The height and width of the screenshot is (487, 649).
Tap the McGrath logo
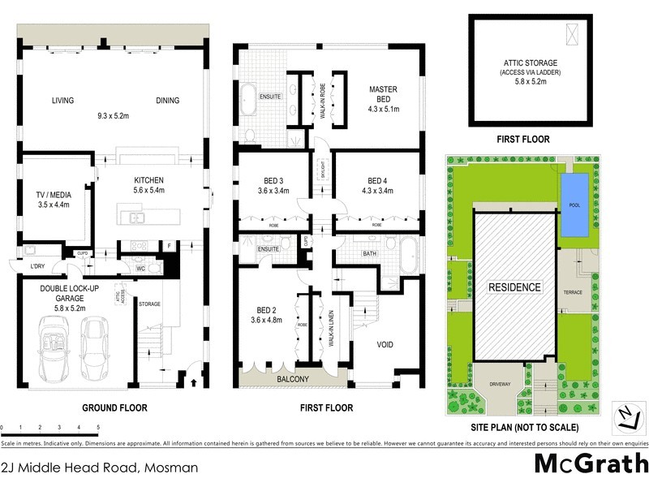coord(591,463)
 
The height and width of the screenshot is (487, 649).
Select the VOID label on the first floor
coord(386,344)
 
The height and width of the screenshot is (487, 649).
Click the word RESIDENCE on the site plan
coord(514,287)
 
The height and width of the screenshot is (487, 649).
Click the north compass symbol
coord(625,416)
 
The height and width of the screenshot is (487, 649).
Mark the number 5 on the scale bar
coord(97,427)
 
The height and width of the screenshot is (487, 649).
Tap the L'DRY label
coord(37,267)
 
